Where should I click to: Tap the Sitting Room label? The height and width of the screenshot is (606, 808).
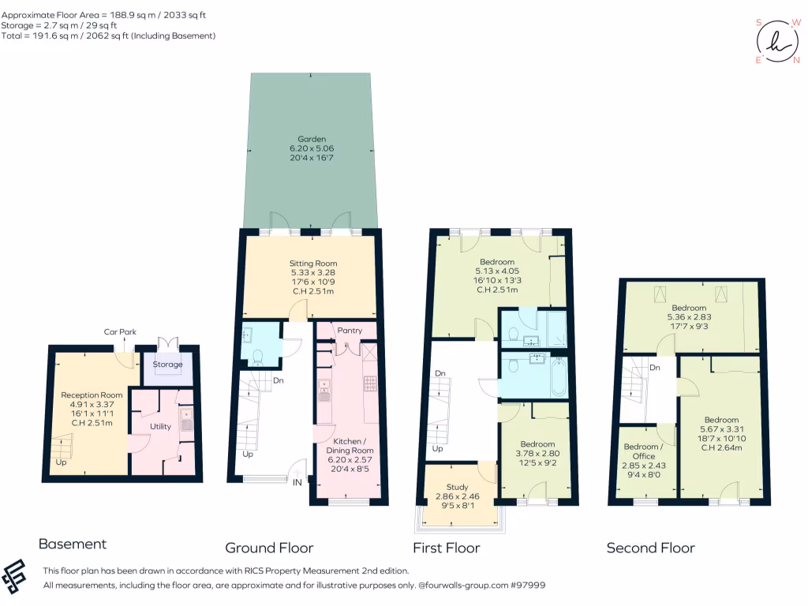[x=313, y=264]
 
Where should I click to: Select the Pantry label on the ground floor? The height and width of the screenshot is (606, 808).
[x=348, y=330]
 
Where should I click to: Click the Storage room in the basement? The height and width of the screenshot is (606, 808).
[x=167, y=365]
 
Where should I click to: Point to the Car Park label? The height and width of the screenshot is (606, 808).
[x=120, y=332]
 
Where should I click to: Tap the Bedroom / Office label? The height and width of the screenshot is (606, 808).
[x=639, y=451]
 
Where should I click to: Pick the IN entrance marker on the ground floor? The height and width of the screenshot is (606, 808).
[x=297, y=482]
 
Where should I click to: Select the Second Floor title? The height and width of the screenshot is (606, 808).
[x=650, y=548]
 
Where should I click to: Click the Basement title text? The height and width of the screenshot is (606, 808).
[x=72, y=544]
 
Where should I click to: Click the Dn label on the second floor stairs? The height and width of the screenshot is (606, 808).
[x=655, y=368]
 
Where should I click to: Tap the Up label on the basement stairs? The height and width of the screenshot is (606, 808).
[x=61, y=462]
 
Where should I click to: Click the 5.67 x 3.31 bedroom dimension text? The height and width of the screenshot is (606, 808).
[x=721, y=429]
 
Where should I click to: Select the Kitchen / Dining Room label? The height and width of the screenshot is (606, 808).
[x=347, y=446]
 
